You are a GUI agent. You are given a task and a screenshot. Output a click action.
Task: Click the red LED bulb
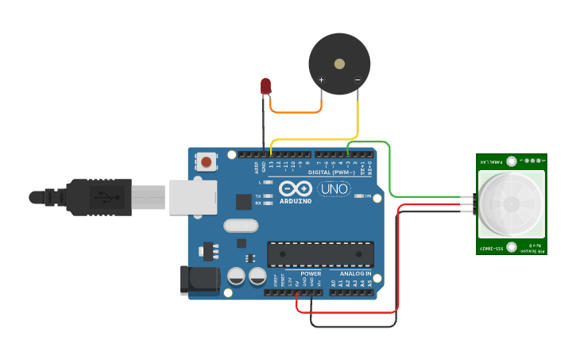[265, 85]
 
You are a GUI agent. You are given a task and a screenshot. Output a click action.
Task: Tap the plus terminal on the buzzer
[321, 79]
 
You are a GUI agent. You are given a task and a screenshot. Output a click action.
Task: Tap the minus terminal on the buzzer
[358, 79]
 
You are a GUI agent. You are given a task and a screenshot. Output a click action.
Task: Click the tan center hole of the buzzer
[339, 64]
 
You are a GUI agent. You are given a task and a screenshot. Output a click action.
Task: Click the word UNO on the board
[334, 189]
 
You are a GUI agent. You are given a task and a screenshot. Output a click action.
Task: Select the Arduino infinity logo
[296, 189]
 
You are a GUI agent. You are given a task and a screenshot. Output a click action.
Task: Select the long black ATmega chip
[320, 254]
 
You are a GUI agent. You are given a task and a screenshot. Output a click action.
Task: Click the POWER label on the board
[311, 273]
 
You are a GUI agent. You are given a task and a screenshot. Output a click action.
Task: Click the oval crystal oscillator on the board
[242, 226]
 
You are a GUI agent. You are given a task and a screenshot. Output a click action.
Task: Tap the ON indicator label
[368, 195]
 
